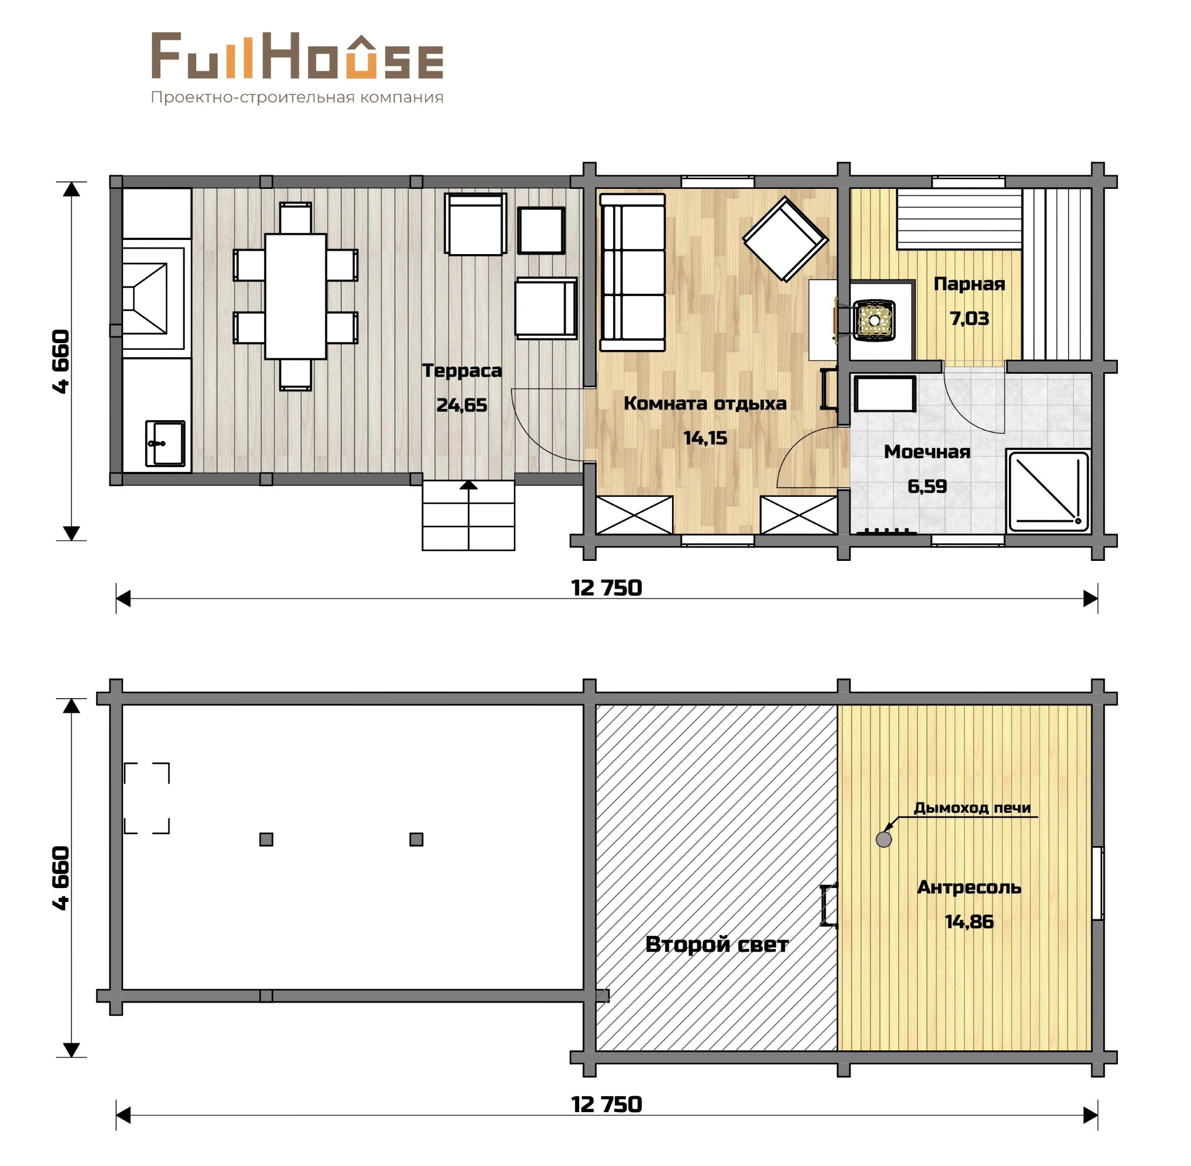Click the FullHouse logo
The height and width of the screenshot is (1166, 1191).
click(298, 56)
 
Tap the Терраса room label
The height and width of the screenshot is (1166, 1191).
click(462, 370)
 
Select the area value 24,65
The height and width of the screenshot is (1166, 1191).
click(462, 405)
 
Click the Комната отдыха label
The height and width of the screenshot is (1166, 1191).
click(705, 403)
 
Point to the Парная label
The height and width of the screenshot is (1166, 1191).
click(969, 284)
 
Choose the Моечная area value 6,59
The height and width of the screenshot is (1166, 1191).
click(927, 486)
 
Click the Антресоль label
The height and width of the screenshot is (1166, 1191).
click(969, 887)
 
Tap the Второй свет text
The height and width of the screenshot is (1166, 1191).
click(716, 944)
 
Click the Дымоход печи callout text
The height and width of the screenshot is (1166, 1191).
click(972, 808)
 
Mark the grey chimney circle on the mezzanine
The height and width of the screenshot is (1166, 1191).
click(884, 839)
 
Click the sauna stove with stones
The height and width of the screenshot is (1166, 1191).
click(875, 319)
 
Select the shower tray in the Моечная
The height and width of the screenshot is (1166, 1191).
click(1048, 491)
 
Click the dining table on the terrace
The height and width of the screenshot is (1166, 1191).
click(295, 296)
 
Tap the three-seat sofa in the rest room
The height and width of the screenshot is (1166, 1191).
click(632, 273)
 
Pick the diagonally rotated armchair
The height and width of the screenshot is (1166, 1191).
click(785, 239)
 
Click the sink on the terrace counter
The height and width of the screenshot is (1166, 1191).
click(164, 443)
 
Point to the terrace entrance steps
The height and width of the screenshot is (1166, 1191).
click(468, 515)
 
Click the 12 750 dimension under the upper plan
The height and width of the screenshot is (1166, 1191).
click(606, 588)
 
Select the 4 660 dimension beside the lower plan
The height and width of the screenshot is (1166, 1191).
click(62, 877)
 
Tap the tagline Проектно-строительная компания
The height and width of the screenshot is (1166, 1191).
click(297, 98)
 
